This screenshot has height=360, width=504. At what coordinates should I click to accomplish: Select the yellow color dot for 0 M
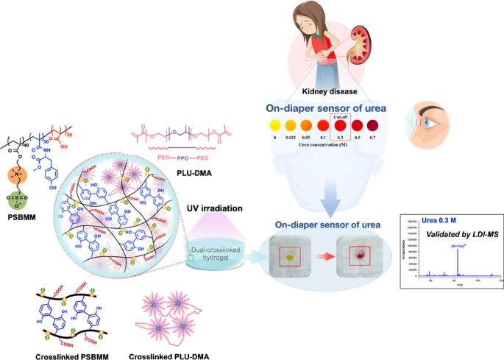pos(194,123)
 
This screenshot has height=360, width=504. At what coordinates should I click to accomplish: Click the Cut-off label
pos(280,108)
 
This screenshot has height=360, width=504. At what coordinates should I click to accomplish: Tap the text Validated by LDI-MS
pos(455,233)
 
